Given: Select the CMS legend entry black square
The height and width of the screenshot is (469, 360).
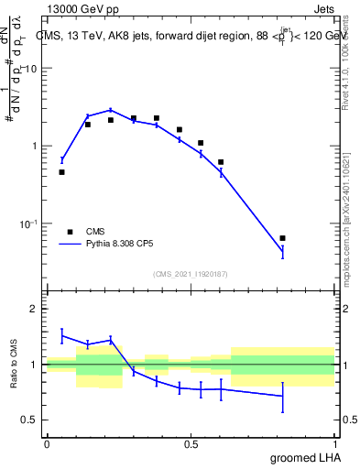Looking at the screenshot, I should click(69, 232).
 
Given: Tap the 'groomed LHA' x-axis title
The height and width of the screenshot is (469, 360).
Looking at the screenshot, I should click(306, 457).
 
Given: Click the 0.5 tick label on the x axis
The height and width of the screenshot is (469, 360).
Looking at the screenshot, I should click(191, 444).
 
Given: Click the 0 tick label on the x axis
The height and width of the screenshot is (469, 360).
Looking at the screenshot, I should click(47, 444).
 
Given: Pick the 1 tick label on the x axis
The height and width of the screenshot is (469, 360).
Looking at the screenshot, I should click(335, 444).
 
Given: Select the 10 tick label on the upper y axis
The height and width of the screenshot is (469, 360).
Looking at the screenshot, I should click(30, 69).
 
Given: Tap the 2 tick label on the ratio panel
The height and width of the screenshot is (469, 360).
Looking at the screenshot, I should click(35, 309).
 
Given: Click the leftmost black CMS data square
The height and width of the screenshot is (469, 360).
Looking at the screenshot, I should click(61, 172).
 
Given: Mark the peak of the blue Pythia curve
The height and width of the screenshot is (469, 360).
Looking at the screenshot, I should click(111, 110).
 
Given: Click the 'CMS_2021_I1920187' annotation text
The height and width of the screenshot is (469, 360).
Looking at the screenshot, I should click(191, 274).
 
